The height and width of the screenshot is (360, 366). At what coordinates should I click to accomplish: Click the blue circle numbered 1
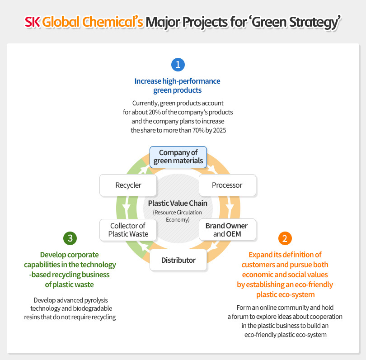(x=178, y=65)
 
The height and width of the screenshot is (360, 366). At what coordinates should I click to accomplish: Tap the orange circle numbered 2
(x=285, y=238)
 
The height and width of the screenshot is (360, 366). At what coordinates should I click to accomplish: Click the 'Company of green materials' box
(x=178, y=156)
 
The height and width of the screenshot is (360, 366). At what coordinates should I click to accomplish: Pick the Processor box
(x=227, y=185)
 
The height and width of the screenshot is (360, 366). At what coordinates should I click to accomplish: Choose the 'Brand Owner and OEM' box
(x=227, y=230)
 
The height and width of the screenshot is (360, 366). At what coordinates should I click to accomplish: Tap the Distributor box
(x=178, y=260)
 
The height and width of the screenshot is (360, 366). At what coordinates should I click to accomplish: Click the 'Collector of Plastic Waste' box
(x=128, y=230)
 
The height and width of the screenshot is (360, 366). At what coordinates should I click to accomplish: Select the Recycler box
(x=128, y=185)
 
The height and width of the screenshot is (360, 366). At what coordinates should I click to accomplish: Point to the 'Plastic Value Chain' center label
(x=178, y=203)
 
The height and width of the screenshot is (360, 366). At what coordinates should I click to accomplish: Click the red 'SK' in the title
(x=33, y=22)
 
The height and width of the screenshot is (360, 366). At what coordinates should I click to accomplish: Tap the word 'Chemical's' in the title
(x=120, y=22)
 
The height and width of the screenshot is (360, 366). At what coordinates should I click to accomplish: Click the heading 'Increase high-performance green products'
(x=178, y=85)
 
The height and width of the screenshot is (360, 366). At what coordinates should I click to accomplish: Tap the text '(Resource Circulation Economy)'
(x=178, y=216)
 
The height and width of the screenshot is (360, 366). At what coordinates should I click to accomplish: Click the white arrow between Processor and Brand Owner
(x=230, y=208)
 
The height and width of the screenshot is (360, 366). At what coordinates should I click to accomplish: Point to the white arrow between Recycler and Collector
(x=127, y=208)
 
